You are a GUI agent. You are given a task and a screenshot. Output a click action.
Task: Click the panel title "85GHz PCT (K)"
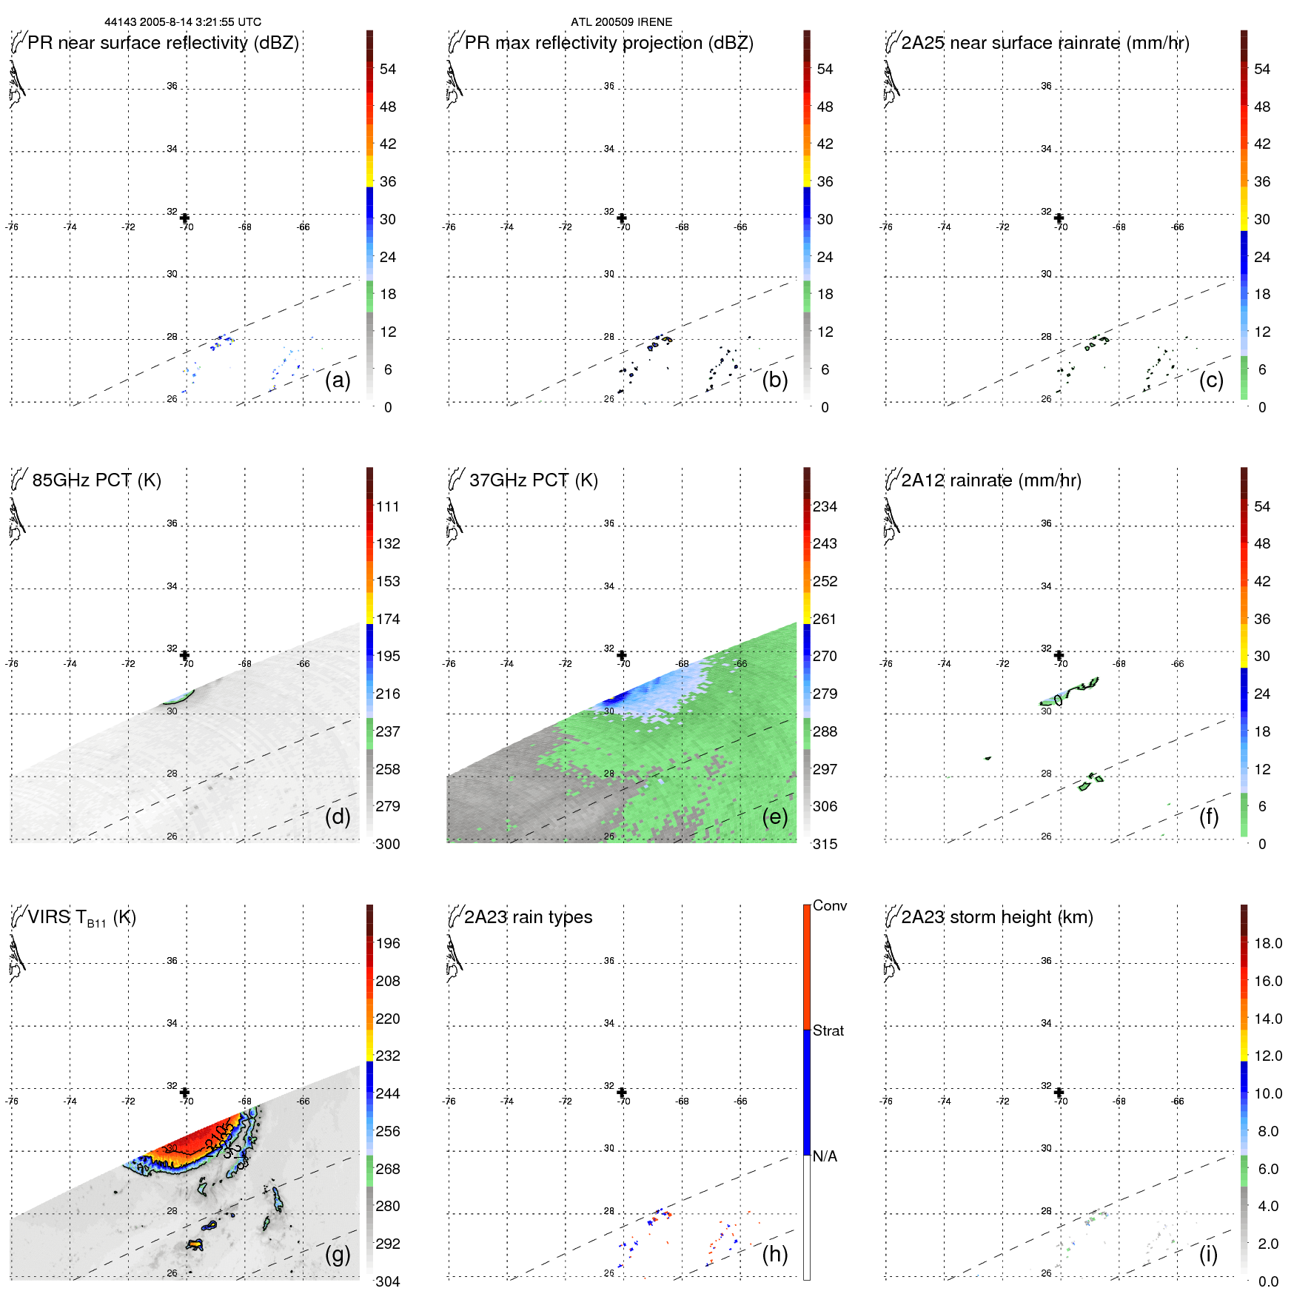[x=96, y=480]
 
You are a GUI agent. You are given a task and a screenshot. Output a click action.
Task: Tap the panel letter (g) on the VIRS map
[x=338, y=1254]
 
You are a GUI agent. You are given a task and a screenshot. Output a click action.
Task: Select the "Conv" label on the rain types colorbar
[x=829, y=905]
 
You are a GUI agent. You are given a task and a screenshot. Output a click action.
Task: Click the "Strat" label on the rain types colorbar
[x=828, y=1030]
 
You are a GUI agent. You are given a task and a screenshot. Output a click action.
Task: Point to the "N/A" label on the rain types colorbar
[x=825, y=1156]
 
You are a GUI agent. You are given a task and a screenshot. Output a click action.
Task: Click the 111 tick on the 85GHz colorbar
[x=387, y=506]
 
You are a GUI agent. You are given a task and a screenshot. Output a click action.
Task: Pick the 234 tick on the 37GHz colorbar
[x=825, y=506]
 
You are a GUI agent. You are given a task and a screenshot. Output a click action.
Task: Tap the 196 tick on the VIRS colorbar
[x=387, y=943]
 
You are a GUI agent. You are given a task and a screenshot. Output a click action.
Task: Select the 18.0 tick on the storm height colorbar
[x=1267, y=943]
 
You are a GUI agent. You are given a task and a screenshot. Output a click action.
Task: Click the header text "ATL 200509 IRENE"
[x=621, y=22]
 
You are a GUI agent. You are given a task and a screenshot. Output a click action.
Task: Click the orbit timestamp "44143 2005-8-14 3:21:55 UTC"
[x=183, y=22]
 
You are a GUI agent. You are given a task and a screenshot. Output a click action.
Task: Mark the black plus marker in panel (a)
[x=184, y=218]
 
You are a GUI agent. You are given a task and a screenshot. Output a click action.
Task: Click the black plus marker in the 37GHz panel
[x=622, y=655]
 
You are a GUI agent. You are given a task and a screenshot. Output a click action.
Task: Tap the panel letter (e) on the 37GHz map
[x=774, y=817]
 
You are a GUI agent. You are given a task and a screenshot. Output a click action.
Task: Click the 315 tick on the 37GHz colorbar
[x=825, y=844]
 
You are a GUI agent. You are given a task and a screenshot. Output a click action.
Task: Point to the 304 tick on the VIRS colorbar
[x=387, y=1281]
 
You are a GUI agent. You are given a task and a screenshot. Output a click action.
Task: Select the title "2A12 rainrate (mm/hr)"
[x=990, y=480]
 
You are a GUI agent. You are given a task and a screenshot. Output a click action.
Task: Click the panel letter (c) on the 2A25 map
[x=1211, y=380]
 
